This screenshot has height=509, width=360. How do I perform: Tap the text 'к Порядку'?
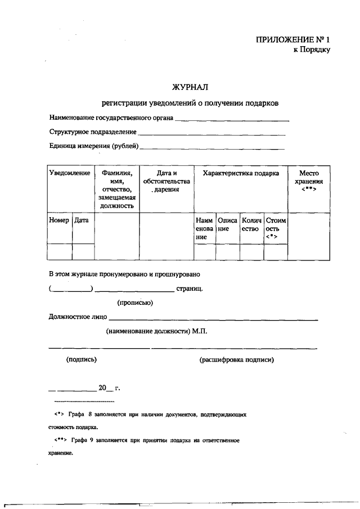pyautogui.click(x=311, y=49)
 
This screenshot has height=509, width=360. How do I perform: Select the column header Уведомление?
pyautogui.click(x=70, y=173)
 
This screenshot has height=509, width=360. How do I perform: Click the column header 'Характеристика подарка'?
pyautogui.click(x=241, y=173)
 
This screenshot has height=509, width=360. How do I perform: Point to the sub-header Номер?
pyautogui.click(x=59, y=220)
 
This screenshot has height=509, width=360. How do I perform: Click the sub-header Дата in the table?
pyautogui.click(x=82, y=220)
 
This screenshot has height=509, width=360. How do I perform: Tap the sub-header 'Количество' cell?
pyautogui.click(x=251, y=224)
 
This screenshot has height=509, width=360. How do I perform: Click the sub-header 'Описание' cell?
pyautogui.click(x=227, y=224)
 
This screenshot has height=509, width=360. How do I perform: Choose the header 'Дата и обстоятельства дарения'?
pyautogui.click(x=166, y=182)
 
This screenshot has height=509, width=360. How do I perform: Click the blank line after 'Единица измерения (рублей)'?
pyautogui.click(x=212, y=148)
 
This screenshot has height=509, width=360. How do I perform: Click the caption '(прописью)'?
pyautogui.click(x=135, y=303)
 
